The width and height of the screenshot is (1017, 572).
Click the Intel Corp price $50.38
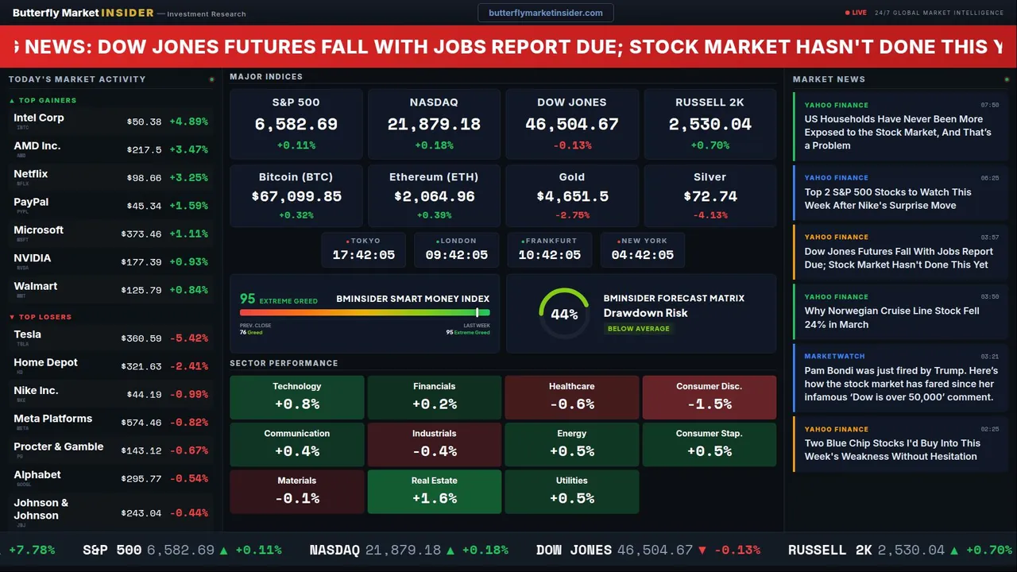[144, 122]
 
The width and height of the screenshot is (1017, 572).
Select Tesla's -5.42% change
[189, 338]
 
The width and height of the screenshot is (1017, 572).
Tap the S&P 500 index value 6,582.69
[296, 125]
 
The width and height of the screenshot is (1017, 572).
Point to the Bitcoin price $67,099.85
[296, 196]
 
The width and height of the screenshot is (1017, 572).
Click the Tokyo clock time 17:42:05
[363, 255]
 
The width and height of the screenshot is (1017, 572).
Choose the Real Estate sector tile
[434, 492]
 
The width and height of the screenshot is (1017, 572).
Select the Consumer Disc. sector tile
[709, 397]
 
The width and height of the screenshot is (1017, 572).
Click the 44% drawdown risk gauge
[564, 314]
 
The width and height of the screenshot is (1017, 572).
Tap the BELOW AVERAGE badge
[638, 329]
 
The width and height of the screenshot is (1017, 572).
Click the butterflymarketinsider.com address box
[545, 13]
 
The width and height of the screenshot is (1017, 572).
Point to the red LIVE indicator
[857, 13]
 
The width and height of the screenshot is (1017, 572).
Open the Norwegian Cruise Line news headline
[891, 318]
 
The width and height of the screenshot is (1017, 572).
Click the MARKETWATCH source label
[834, 357]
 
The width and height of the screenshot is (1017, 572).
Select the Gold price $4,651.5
[572, 196]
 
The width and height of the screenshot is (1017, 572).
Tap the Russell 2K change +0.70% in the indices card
[710, 145]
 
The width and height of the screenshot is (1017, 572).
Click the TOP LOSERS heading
[44, 317]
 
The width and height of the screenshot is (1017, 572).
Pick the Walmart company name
[36, 286]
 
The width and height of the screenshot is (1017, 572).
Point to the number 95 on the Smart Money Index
[248, 299]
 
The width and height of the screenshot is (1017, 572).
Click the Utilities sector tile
[571, 492]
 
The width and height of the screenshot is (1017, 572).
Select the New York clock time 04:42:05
[642, 255]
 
